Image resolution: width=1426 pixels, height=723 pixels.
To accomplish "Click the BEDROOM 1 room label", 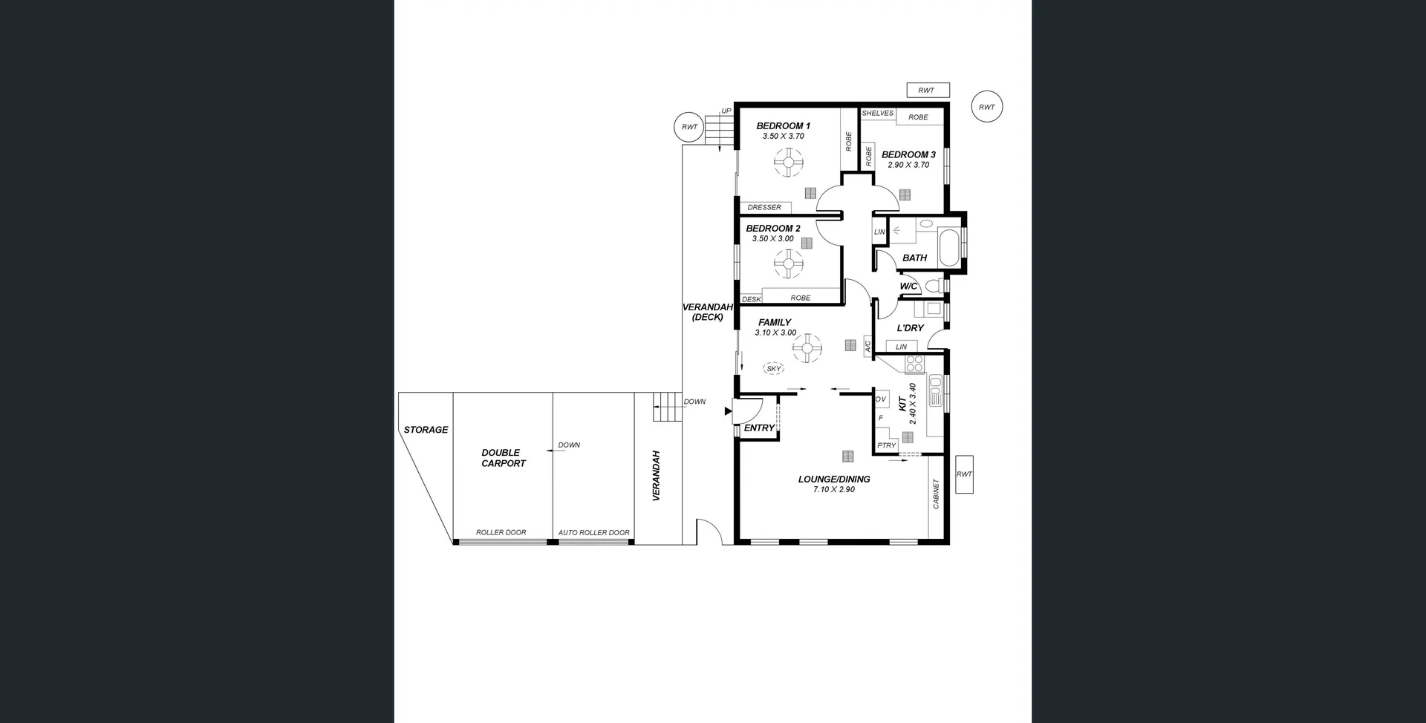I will (783, 125).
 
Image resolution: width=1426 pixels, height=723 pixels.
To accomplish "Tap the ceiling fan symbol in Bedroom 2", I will (788, 263).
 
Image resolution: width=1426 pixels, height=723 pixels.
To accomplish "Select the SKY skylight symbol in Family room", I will (774, 368).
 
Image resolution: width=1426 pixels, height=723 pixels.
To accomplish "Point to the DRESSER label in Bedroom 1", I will (764, 207).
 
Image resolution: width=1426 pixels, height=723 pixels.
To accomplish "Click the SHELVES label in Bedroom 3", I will (878, 114).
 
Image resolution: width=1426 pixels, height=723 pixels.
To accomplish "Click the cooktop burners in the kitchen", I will (914, 364).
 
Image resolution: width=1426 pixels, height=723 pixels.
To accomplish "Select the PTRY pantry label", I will (886, 445).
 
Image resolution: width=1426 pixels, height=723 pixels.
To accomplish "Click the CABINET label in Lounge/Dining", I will (936, 494).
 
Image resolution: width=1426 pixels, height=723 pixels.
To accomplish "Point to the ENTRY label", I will (758, 428).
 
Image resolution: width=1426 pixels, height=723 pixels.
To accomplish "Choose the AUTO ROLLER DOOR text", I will (593, 532).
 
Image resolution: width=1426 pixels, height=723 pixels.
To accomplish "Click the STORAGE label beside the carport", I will (426, 430).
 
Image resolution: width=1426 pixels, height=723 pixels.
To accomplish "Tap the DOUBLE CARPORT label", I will (503, 458).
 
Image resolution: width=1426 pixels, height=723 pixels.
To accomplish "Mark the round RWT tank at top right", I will (986, 107).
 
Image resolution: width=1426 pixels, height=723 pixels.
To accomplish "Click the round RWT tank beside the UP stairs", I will (689, 127).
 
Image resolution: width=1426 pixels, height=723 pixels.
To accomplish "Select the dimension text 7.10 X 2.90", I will (833, 490).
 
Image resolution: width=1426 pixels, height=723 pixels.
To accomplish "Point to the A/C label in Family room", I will (867, 346).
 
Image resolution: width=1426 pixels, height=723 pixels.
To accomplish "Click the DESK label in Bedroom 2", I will (751, 299).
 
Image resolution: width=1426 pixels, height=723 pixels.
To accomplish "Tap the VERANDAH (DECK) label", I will (707, 312).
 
